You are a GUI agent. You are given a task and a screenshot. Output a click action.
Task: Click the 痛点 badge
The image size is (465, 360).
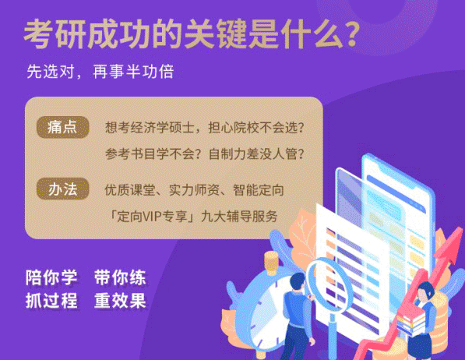click(x=62, y=127)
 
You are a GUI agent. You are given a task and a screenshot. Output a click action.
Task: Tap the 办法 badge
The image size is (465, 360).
click(x=62, y=189)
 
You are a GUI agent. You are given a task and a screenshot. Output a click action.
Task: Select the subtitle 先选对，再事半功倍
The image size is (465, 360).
click(x=100, y=72)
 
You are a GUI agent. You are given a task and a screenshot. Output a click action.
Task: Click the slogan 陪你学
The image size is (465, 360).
click(x=51, y=277)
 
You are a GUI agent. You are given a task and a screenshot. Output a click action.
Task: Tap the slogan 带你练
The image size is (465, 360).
click(x=120, y=277)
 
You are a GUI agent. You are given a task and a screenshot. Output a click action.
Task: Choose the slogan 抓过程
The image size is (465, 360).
click(x=51, y=300)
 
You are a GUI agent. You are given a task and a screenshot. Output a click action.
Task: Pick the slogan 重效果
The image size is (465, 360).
click(x=120, y=300)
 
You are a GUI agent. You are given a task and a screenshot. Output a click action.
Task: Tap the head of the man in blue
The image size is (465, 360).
click(x=298, y=282)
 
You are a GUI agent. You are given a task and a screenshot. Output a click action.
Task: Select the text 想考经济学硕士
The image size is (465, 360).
click(x=150, y=128)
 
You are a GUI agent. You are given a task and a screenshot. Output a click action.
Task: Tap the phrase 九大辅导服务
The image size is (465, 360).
click(x=239, y=217)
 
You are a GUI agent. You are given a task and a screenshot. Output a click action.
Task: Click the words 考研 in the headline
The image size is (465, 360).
click(x=55, y=34)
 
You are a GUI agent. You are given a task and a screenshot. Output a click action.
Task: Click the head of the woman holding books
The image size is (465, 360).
click(x=425, y=291)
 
